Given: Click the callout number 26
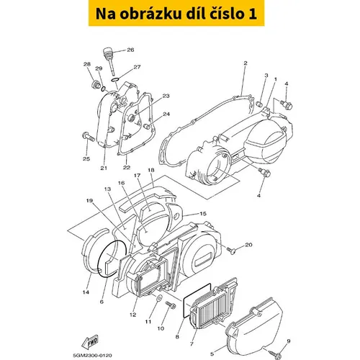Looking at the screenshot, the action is pos(130,50).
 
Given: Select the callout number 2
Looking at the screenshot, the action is pos(245,63).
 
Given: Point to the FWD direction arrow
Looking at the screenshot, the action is pos(90,342).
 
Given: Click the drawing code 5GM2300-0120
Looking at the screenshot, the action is pos(92,355).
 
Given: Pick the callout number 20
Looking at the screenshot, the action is pos(248,245).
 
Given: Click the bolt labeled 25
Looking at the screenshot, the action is pos(89,137).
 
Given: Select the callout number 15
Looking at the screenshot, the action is pos(203,214).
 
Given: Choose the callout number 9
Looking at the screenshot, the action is pos(289,341).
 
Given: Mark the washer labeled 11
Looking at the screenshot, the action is pos(159,298).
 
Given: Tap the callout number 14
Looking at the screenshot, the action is pos(86,292).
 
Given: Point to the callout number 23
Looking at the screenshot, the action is pos(166,96).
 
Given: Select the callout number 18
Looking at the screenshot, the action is pos(151,170).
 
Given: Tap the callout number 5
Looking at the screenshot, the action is pos(212,354).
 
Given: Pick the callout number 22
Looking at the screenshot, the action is pos(127,168).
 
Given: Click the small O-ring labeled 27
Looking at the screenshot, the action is pos(115,80).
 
